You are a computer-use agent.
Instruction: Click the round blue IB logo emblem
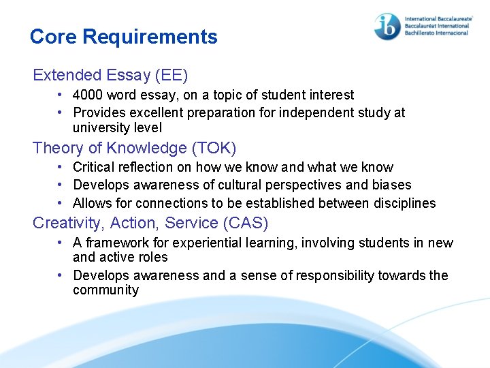pos(387,27)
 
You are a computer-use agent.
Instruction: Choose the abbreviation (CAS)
pos(245,223)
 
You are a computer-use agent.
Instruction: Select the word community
pos(105,290)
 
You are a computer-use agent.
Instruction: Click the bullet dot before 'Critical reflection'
pos(61,167)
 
